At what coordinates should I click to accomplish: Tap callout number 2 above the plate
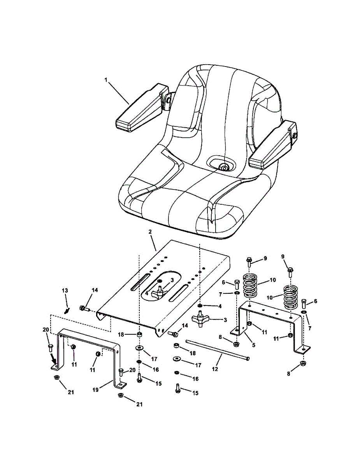point(150,232)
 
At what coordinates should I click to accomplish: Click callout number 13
point(65,290)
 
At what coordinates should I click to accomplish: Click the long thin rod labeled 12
point(218,351)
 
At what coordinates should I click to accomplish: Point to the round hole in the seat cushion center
point(224,167)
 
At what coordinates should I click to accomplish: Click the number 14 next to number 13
point(95,290)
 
